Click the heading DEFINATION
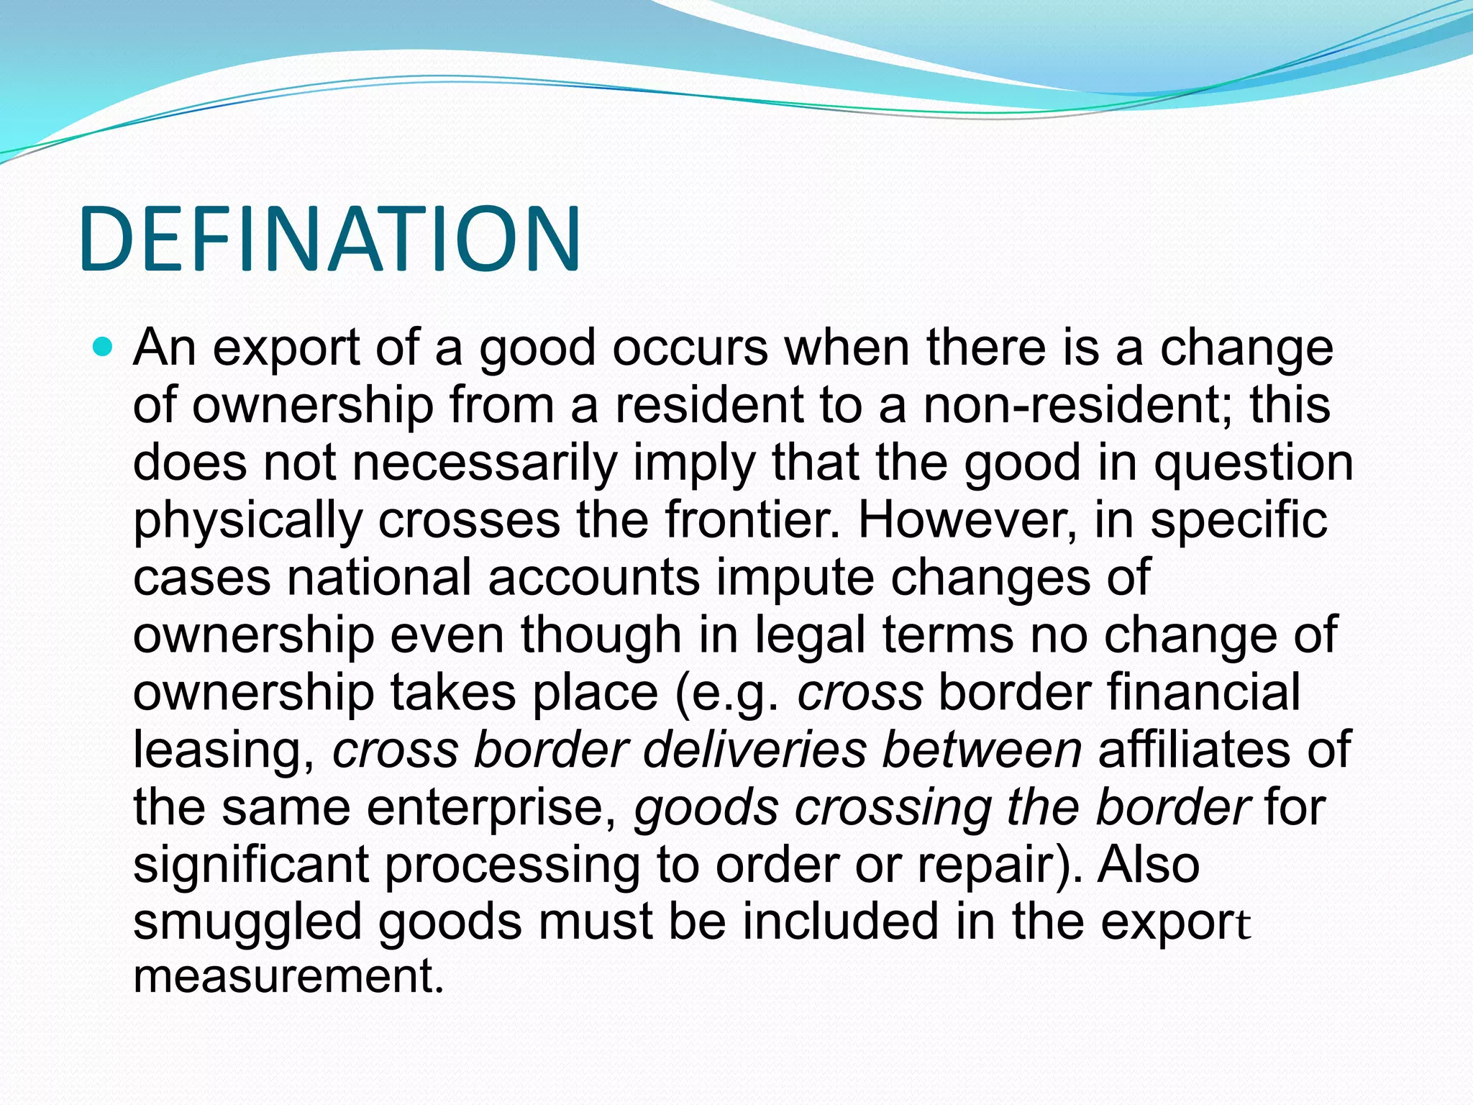[x=329, y=239]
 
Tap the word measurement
[x=288, y=976]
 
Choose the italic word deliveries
[x=754, y=750]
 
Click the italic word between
[x=982, y=750]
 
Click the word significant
[x=251, y=865]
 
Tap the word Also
[x=1149, y=865]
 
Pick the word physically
[x=247, y=522]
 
